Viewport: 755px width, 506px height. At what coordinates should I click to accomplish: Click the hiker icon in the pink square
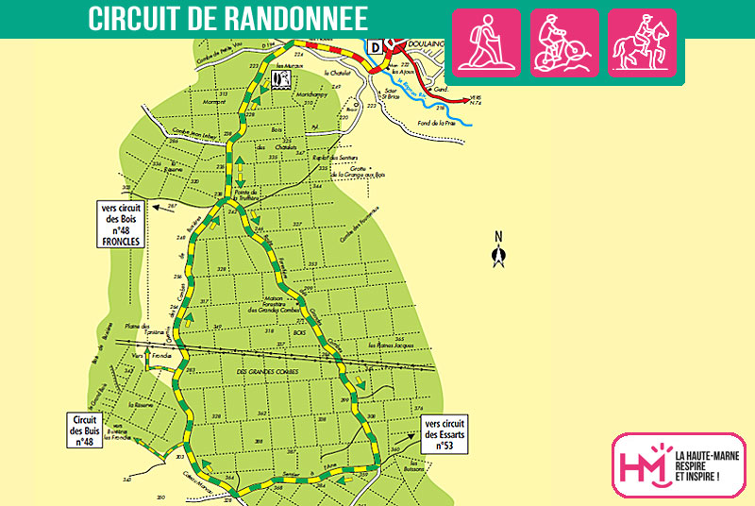(486, 42)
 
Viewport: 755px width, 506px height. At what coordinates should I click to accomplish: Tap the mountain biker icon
(563, 42)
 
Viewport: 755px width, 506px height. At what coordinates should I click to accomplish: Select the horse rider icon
(642, 42)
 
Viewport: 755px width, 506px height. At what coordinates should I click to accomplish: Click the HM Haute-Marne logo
(679, 464)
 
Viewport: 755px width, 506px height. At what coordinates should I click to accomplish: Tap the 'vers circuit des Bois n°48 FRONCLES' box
(120, 224)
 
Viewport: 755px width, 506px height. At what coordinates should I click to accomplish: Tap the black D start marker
(376, 47)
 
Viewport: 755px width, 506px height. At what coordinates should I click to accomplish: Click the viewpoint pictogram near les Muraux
(279, 78)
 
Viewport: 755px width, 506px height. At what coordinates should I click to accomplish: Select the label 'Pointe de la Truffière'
(251, 194)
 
